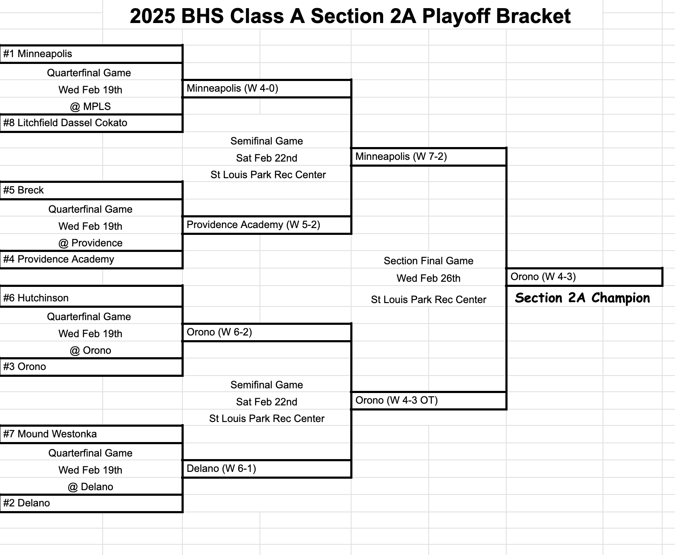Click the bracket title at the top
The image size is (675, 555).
[x=350, y=17]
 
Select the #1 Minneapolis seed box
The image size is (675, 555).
[x=91, y=54]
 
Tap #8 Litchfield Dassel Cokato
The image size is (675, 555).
[x=91, y=123]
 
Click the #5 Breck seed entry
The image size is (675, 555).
[x=91, y=190]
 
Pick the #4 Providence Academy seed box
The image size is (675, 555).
[x=91, y=260]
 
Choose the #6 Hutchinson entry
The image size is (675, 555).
[x=91, y=298]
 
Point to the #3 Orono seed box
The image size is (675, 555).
[x=91, y=367]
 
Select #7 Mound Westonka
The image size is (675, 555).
[x=91, y=434]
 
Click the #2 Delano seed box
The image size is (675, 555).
[x=91, y=503]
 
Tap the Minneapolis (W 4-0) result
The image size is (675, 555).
[x=267, y=89]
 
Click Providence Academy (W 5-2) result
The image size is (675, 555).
[x=267, y=225]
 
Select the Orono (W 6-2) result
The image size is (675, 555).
[x=267, y=332]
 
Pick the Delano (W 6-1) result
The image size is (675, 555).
[x=267, y=469]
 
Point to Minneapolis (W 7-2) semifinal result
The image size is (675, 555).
[x=428, y=157]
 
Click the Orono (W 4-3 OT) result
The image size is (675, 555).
[x=428, y=401]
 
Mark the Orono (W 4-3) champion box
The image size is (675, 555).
[x=584, y=277]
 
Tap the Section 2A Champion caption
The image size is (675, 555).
[x=582, y=298]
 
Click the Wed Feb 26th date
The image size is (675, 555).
[x=428, y=278]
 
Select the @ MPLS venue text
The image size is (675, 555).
[x=90, y=107]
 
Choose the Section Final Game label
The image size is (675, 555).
[x=428, y=261]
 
